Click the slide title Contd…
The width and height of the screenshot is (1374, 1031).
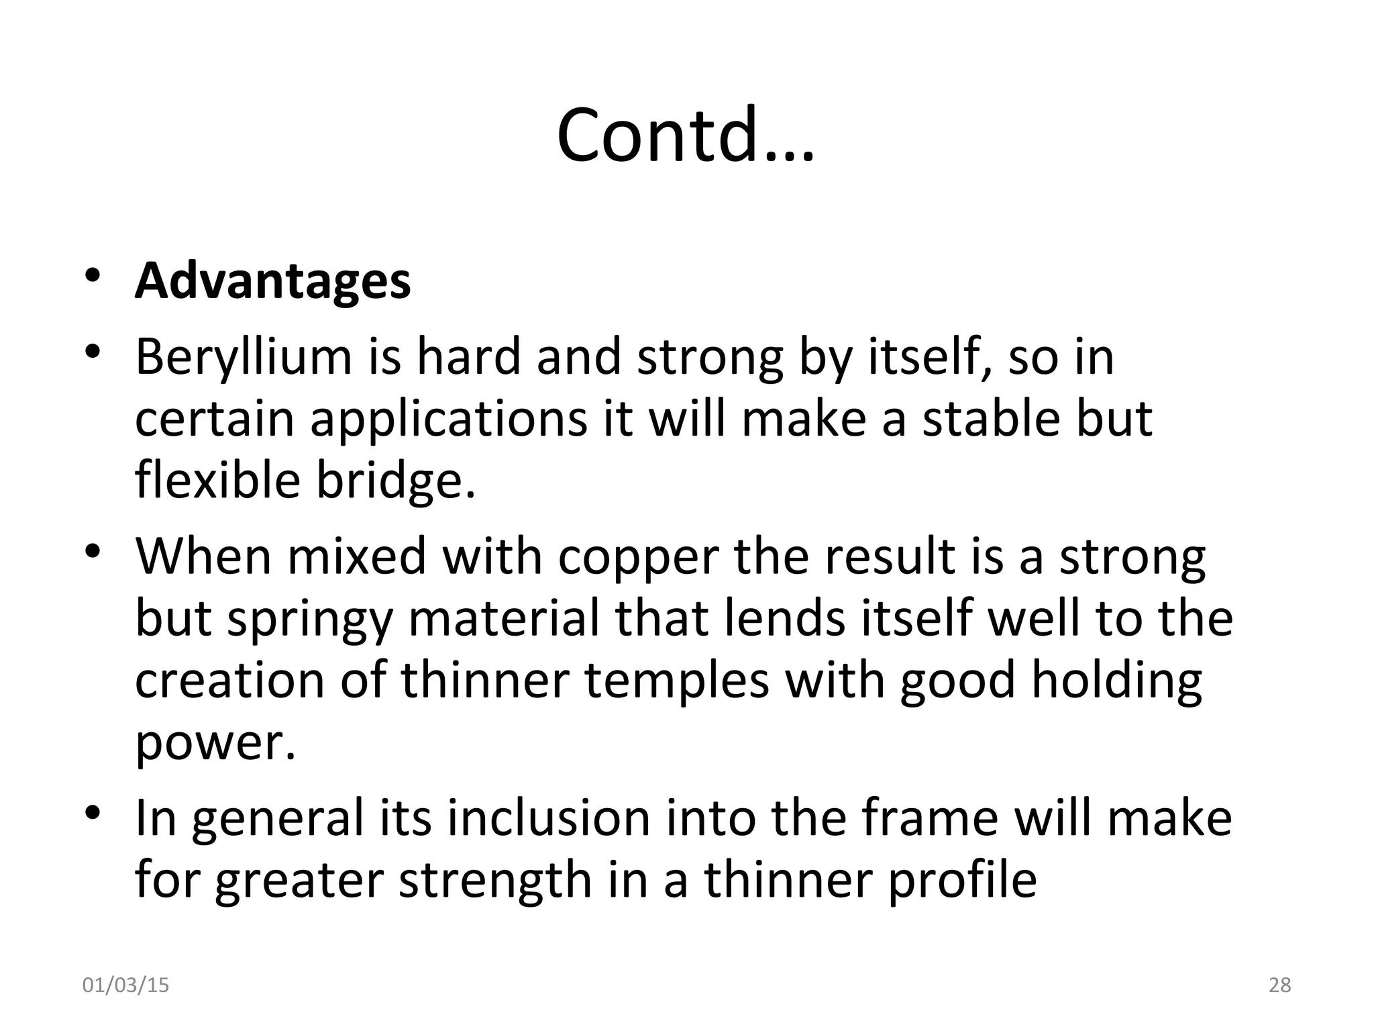coord(685,134)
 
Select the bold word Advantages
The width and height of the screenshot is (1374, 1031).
coord(272,281)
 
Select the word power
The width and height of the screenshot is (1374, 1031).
coord(215,742)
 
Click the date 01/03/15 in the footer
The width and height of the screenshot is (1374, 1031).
coord(125,985)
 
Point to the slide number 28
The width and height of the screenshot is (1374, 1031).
coord(1280,985)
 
